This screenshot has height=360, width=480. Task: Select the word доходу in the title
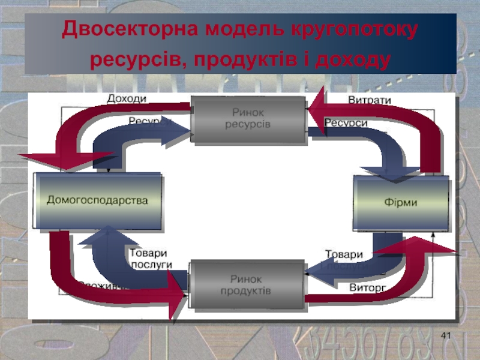[351, 59]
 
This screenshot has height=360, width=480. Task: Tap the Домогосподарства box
[98, 200]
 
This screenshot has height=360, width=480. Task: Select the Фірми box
[401, 202]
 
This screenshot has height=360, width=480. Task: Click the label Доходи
[127, 98]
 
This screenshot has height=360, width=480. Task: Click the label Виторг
[367, 287]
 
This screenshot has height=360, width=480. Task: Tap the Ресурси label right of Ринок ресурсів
[346, 123]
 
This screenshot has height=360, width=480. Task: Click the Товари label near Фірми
[344, 254]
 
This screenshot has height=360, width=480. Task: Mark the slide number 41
[445, 335]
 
